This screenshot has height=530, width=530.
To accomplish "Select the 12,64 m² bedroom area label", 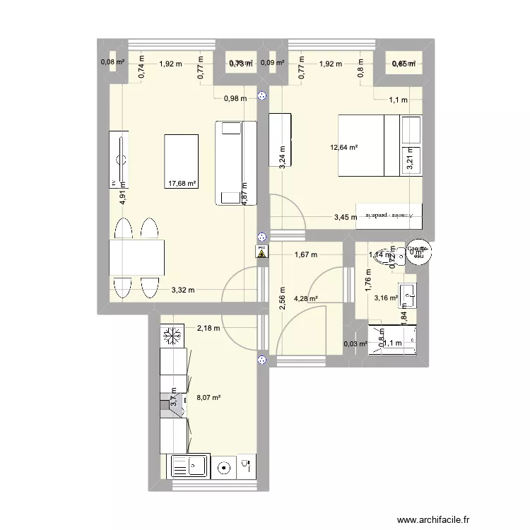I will (x=343, y=148).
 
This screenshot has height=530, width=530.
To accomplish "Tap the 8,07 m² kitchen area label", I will (x=208, y=398).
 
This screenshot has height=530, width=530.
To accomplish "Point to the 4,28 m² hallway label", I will (x=305, y=298).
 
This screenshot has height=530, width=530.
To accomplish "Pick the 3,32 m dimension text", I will (x=182, y=290).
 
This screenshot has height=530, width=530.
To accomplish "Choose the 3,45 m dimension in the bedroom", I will (x=346, y=218).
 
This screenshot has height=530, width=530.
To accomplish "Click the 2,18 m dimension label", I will (x=208, y=328).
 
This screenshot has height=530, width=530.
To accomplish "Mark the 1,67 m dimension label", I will (x=305, y=254).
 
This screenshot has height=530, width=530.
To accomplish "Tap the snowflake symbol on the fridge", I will (x=172, y=336).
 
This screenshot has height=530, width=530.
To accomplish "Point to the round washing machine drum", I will (x=225, y=467).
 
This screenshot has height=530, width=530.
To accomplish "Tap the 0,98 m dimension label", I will (x=235, y=98).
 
